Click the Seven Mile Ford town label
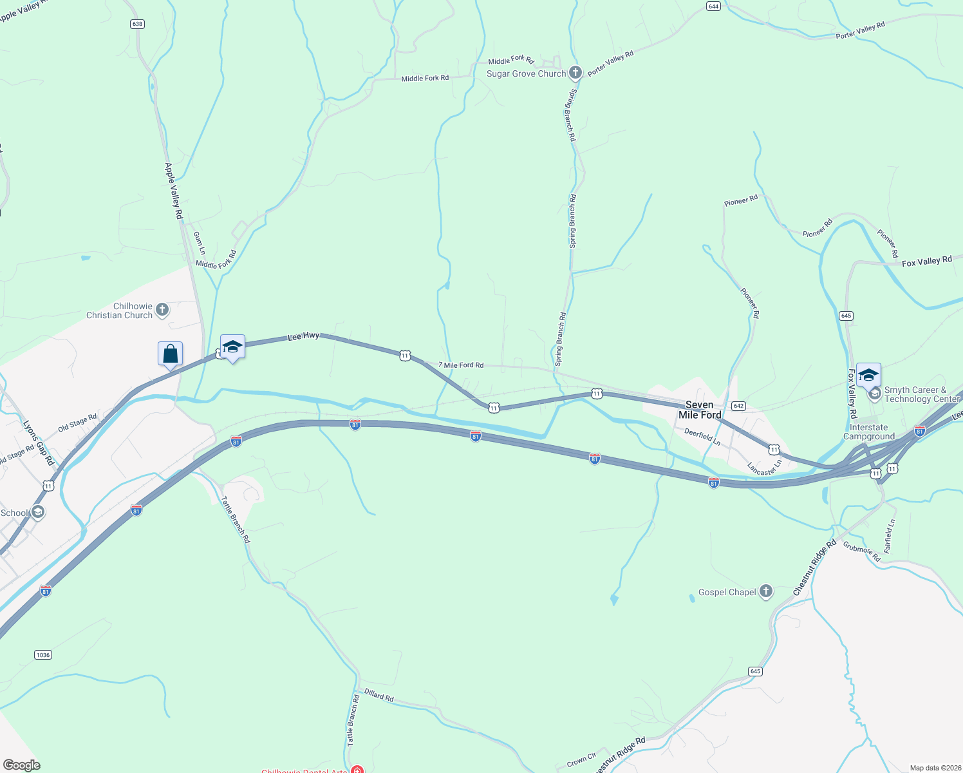point(699,410)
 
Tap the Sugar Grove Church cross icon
point(575,73)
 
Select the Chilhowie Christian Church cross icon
point(162,310)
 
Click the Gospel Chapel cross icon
point(765,591)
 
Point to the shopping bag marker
point(170,354)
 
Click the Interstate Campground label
point(868,432)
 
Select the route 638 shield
point(136,24)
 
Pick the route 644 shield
point(713,6)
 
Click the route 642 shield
point(738,406)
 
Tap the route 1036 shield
point(42,655)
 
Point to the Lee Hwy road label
point(303,336)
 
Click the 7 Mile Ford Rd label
point(461,365)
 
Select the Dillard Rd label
point(379,696)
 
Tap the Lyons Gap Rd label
point(39,443)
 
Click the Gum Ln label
point(200,243)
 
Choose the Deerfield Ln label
point(702,437)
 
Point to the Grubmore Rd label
point(861,552)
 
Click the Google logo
point(22,765)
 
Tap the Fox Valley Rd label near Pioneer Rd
point(926,261)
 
